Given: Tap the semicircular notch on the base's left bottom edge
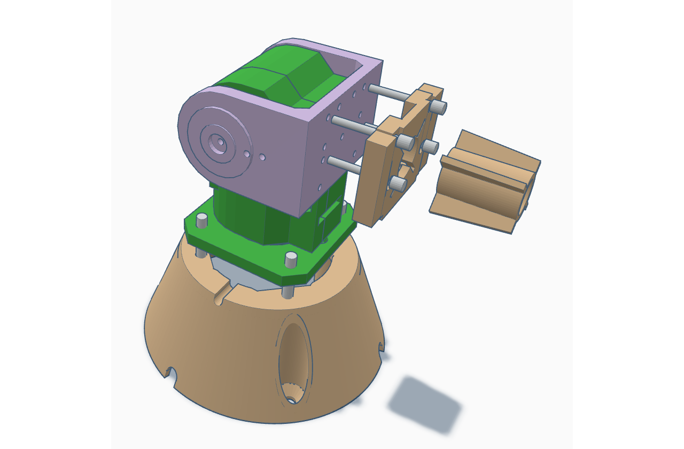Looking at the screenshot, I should point(172,372).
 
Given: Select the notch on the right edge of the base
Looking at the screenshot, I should point(381,347).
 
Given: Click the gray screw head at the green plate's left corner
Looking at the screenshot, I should point(201,220).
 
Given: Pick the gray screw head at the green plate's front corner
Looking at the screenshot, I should point(291,259).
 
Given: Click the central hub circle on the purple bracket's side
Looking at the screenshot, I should point(219,143).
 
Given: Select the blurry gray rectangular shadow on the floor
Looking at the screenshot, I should point(424,404).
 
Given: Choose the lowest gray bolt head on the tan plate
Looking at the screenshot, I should point(398,184).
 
